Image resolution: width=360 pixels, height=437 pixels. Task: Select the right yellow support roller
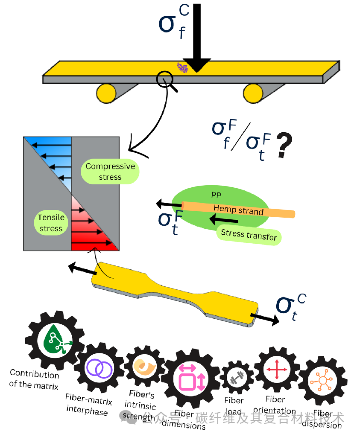pos(253,92)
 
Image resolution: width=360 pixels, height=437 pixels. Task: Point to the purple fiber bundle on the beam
pos(182,67)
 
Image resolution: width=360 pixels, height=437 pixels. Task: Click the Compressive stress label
pos(110,172)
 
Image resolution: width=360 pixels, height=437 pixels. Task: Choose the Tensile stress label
pos(51,223)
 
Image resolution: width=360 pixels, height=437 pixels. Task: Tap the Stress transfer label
pos(249,234)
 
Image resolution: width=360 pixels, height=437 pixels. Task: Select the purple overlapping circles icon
pos(100,368)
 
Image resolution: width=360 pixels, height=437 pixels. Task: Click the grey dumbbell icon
pos(234,379)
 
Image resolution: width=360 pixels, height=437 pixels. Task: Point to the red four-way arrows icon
pos(276,369)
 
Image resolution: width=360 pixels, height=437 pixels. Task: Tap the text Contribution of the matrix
pos(34,379)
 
